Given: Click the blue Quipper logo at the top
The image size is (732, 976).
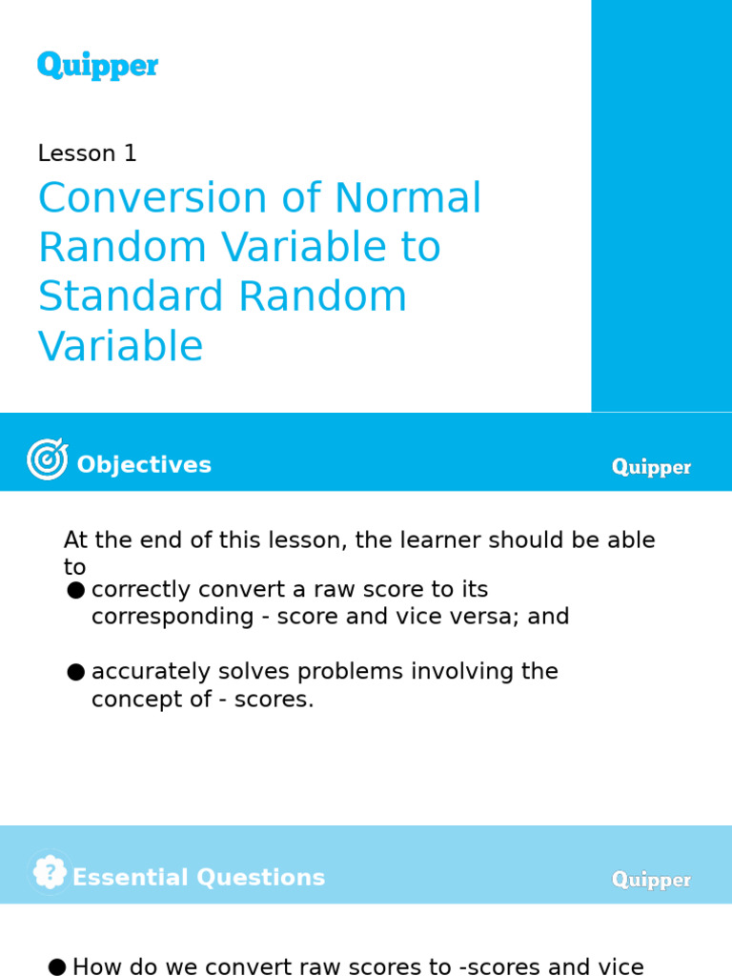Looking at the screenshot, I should click(x=97, y=66).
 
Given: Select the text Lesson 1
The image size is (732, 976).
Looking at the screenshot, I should click(x=88, y=153).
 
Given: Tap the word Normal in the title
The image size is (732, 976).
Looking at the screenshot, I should click(x=408, y=199).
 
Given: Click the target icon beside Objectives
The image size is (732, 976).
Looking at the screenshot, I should click(x=48, y=459).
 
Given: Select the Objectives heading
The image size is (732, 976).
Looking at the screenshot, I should click(x=144, y=465).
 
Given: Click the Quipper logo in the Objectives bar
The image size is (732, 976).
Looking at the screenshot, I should click(x=651, y=467).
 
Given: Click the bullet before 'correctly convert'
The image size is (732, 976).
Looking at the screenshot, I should click(x=76, y=591).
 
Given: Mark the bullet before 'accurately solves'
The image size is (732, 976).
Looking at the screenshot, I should click(x=76, y=673).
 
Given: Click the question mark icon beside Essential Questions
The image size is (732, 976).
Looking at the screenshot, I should click(x=50, y=872).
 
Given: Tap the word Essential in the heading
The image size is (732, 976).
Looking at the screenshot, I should click(x=131, y=878).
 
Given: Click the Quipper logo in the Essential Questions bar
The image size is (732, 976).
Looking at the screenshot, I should click(x=651, y=880).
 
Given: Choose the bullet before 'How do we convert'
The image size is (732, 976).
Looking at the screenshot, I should click(x=57, y=967).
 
